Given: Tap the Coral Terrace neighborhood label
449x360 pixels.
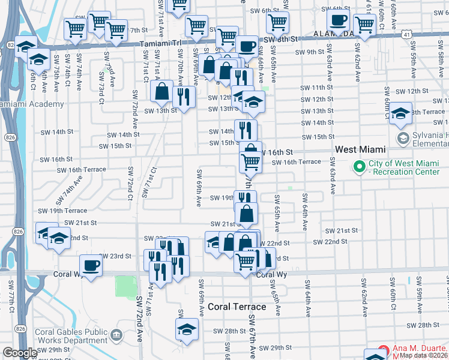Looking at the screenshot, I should coord(236,307).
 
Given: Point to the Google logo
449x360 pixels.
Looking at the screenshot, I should coord(20,353).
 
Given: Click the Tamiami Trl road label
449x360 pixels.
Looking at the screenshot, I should coord(158,44).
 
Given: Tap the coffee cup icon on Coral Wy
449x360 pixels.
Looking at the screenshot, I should coord(91,265).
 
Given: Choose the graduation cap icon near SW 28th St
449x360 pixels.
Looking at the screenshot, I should coord(187,329).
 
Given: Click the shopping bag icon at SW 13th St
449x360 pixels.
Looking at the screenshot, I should coord(162,91).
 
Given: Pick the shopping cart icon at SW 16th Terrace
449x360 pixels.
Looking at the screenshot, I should coord(250,160).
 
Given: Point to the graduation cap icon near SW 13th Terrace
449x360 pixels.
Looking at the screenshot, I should coord(400,113).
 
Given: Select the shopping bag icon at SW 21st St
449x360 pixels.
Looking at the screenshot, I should coord(246,213).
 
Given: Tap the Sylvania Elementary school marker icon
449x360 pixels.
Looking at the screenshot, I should coord(402,139).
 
